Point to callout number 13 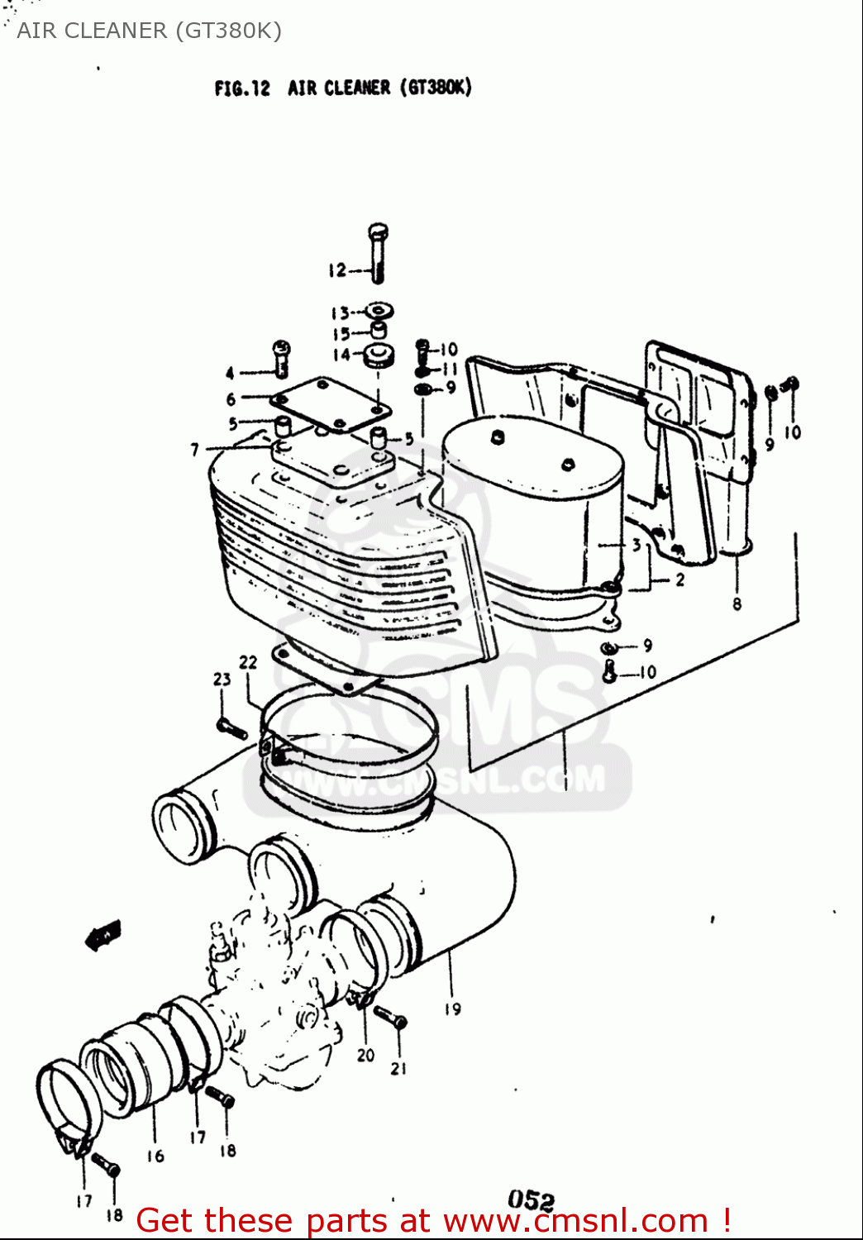click(340, 313)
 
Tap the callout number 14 click(341, 355)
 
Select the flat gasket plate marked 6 click(331, 404)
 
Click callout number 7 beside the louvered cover click(195, 450)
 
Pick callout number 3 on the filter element click(637, 545)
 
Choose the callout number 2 click(679, 580)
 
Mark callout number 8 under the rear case click(737, 604)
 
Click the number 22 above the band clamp click(248, 662)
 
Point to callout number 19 click(452, 1009)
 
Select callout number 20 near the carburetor click(365, 1055)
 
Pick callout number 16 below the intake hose click(155, 1156)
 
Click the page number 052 click(531, 1199)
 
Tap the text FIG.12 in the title click(241, 88)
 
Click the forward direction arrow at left click(104, 935)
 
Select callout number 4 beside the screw click(230, 374)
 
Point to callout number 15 click(341, 334)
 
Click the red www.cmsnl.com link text click(575, 1221)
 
